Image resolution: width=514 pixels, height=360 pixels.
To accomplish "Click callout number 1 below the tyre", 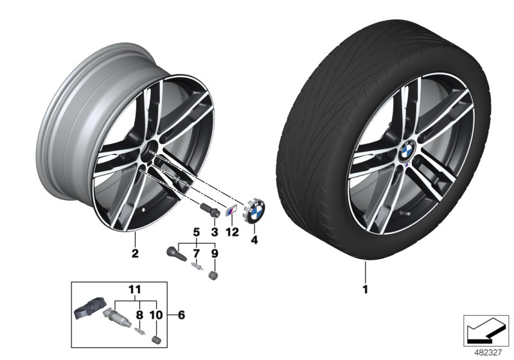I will (x=365, y=289).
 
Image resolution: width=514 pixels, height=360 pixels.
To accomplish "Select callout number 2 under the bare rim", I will (x=135, y=253).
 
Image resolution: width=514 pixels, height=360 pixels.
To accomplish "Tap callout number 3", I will (x=215, y=231).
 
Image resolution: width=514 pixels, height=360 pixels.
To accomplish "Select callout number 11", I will (x=135, y=290).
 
